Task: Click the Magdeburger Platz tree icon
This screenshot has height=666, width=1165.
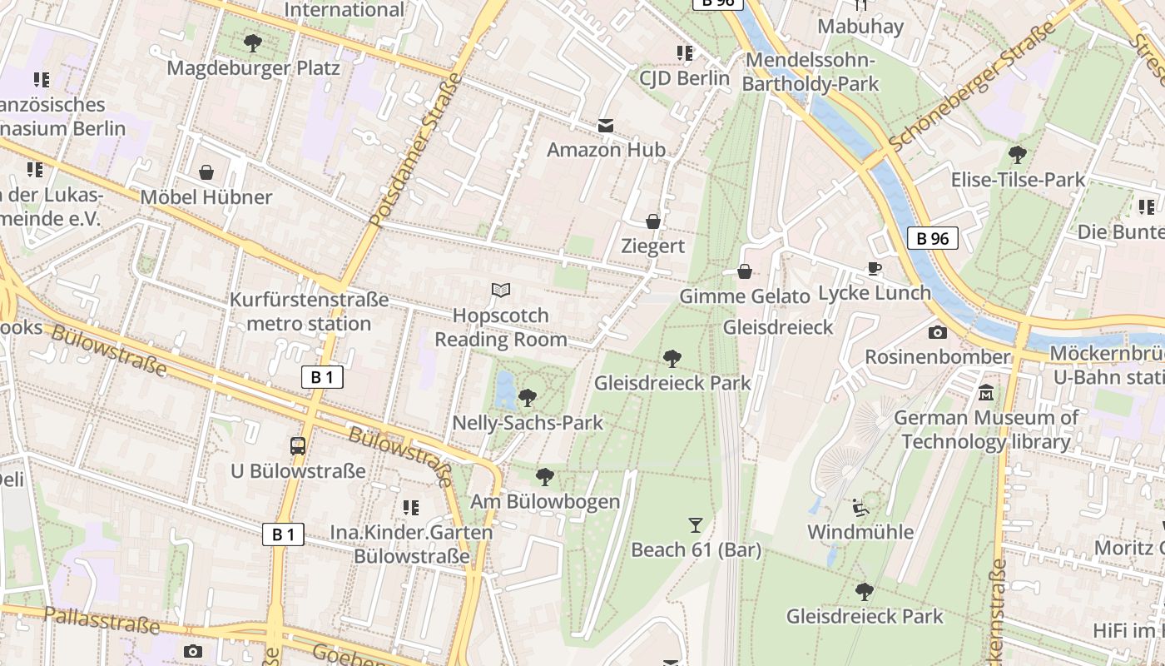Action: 253,42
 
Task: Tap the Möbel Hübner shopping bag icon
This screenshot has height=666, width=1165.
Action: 206,172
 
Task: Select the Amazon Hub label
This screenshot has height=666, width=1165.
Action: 606,150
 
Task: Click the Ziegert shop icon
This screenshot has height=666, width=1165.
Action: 653,221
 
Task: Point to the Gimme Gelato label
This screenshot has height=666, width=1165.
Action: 744,296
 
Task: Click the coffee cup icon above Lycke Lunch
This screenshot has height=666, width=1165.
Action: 874,268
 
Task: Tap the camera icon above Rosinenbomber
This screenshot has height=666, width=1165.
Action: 937,332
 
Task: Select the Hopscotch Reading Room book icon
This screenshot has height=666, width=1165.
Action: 500,291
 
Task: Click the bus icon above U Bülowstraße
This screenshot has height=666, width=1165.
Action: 298,445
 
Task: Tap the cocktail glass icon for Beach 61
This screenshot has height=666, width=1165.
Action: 696,525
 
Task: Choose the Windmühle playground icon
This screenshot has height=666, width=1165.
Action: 860,507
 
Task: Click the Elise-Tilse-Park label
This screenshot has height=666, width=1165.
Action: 1018,180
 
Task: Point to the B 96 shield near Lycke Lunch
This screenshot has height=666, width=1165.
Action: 932,239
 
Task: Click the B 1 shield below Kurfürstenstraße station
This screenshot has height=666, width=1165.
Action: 321,377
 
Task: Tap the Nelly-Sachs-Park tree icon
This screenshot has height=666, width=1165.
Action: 527,398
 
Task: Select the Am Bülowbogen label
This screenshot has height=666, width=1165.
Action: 545,501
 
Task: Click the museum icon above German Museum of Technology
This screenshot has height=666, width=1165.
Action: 986,392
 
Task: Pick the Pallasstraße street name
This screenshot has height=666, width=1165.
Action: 101,620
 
